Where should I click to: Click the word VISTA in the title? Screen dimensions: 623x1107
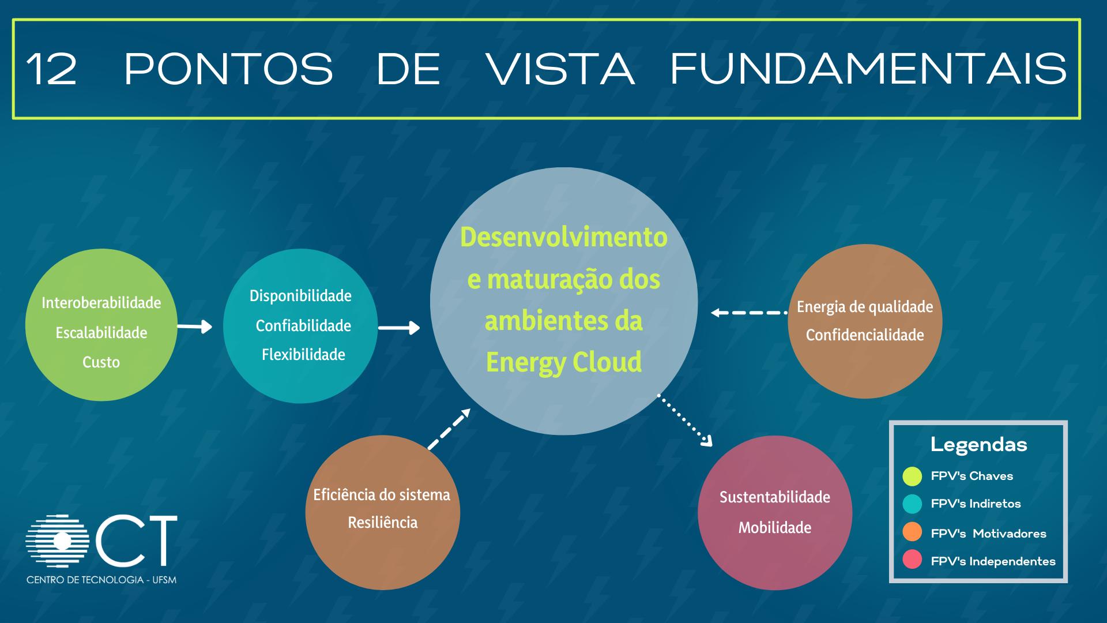560,69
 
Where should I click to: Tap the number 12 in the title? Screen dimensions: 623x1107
52,70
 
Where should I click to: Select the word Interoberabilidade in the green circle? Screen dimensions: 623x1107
101,303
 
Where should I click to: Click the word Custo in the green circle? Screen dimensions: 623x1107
101,362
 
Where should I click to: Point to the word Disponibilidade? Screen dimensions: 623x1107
300,296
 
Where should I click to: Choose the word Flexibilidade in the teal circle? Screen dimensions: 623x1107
303,354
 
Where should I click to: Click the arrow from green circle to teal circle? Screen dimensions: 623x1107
195,327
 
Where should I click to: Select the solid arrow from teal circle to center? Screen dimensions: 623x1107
399,328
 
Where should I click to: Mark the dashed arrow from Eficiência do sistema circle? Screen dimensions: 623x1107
450,429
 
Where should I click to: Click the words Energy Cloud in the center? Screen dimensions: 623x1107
563,362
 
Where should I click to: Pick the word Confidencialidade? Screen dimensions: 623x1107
865,335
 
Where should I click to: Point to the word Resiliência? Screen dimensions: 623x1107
383,523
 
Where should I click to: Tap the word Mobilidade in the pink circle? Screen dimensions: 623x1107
775,528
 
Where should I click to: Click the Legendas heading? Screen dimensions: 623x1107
978,445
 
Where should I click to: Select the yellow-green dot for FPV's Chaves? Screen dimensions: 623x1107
912,476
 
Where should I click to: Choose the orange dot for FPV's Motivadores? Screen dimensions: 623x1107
912,532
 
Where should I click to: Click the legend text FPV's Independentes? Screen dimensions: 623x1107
993,561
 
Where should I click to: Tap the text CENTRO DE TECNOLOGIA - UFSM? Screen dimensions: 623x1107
101,580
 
